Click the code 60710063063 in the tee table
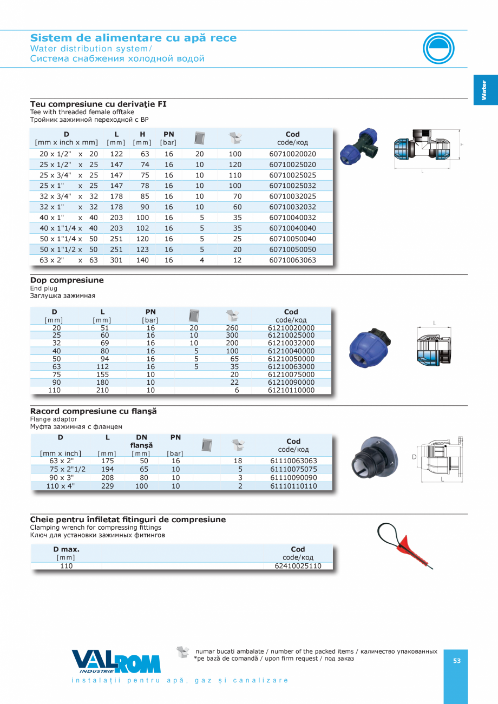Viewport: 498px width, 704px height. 292,260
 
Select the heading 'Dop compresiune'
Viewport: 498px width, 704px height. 67,280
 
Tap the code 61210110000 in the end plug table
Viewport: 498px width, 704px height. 291,390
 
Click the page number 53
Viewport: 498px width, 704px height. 457,661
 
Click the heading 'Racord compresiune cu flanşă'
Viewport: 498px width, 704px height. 93,411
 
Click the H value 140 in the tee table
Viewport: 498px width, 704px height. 142,260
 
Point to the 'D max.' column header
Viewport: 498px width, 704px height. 66,549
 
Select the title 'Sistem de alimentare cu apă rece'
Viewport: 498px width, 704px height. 133,38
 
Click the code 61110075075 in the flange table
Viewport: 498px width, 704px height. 293,469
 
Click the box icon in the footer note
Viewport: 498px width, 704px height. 183,653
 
